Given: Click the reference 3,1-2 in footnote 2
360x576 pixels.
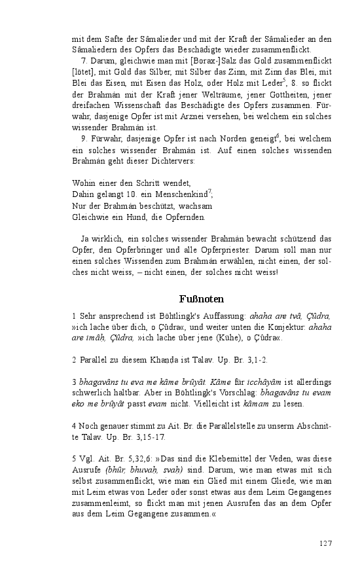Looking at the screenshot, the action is pos(254,360).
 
